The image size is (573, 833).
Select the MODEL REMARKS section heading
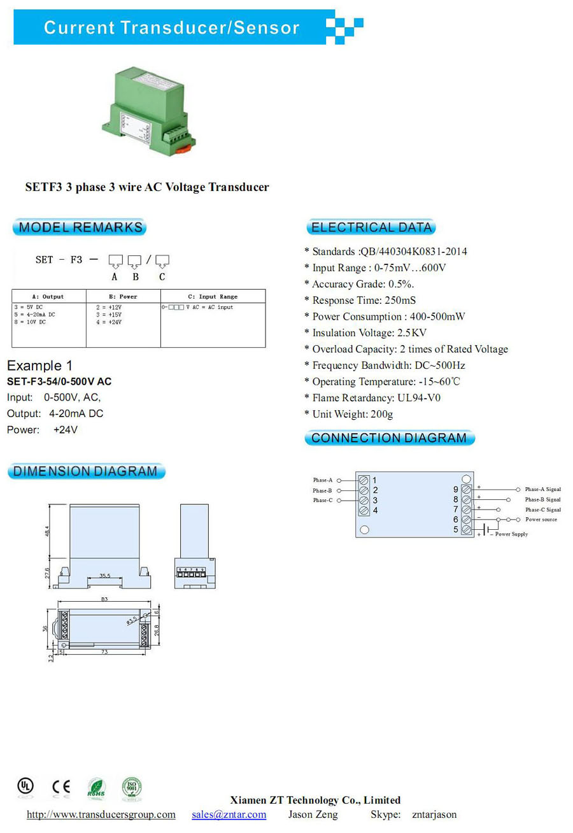[x=80, y=227]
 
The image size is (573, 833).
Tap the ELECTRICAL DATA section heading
[x=371, y=227]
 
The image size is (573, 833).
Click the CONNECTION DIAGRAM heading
[x=389, y=438]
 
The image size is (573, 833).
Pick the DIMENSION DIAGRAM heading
[x=85, y=472]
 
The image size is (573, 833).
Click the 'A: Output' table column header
[x=48, y=297]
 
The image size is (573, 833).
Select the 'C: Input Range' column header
[x=213, y=297]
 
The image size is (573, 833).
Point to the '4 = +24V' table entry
[x=108, y=322]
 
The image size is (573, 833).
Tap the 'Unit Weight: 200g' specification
[x=352, y=415]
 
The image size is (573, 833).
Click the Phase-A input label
[x=322, y=480]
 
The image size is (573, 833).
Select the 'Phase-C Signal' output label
[x=542, y=509]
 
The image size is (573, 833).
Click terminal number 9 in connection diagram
[x=456, y=489]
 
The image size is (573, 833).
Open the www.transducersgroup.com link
[x=101, y=815]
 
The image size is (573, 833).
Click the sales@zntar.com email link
[x=229, y=815]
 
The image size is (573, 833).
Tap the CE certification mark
[x=61, y=787]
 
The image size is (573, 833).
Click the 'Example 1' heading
[x=39, y=366]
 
